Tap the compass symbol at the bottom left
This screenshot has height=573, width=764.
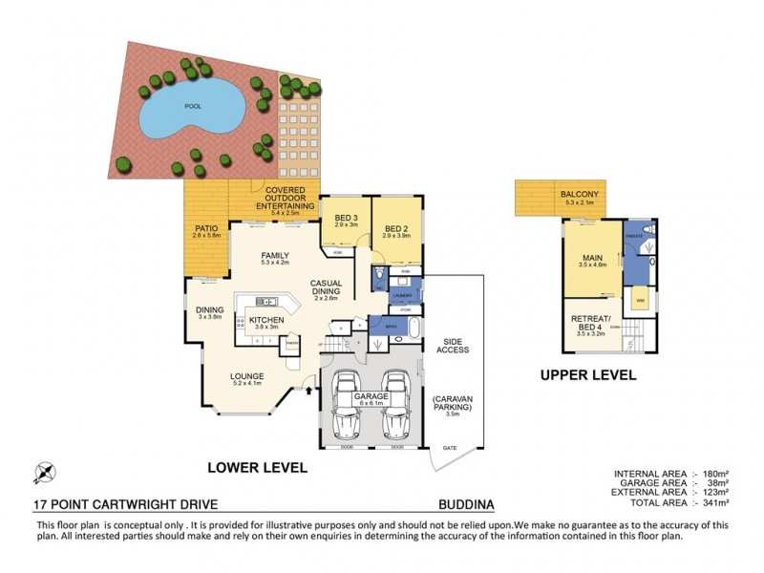(x=45, y=471)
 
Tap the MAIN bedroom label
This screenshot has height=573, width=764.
(x=592, y=261)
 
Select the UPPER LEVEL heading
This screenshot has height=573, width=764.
(x=586, y=375)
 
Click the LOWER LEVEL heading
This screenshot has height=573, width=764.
(x=257, y=468)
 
